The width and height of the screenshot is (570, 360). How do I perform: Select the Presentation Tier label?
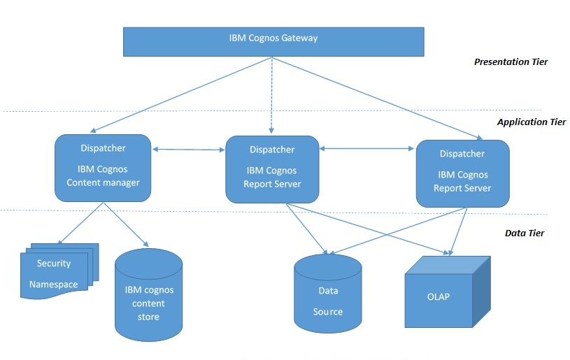click(x=511, y=62)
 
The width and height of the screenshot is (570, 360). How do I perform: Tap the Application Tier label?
click(x=531, y=122)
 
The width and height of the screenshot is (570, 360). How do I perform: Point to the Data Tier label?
click(x=525, y=233)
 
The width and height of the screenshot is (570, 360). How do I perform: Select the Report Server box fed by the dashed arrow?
click(x=271, y=168)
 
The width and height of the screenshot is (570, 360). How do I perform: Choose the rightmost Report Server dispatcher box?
click(x=462, y=173)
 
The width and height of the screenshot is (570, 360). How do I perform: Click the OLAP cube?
click(x=441, y=294)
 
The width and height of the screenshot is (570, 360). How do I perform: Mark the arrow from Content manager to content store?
click(x=126, y=224)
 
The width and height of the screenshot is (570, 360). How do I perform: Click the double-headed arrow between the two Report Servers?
click(x=366, y=148)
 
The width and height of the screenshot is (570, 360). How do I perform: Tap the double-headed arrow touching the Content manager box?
click(x=187, y=148)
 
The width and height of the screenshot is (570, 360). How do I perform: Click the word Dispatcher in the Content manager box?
click(x=103, y=147)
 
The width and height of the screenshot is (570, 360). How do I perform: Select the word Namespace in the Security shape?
click(x=53, y=285)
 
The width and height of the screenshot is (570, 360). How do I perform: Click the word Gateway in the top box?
click(x=299, y=38)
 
